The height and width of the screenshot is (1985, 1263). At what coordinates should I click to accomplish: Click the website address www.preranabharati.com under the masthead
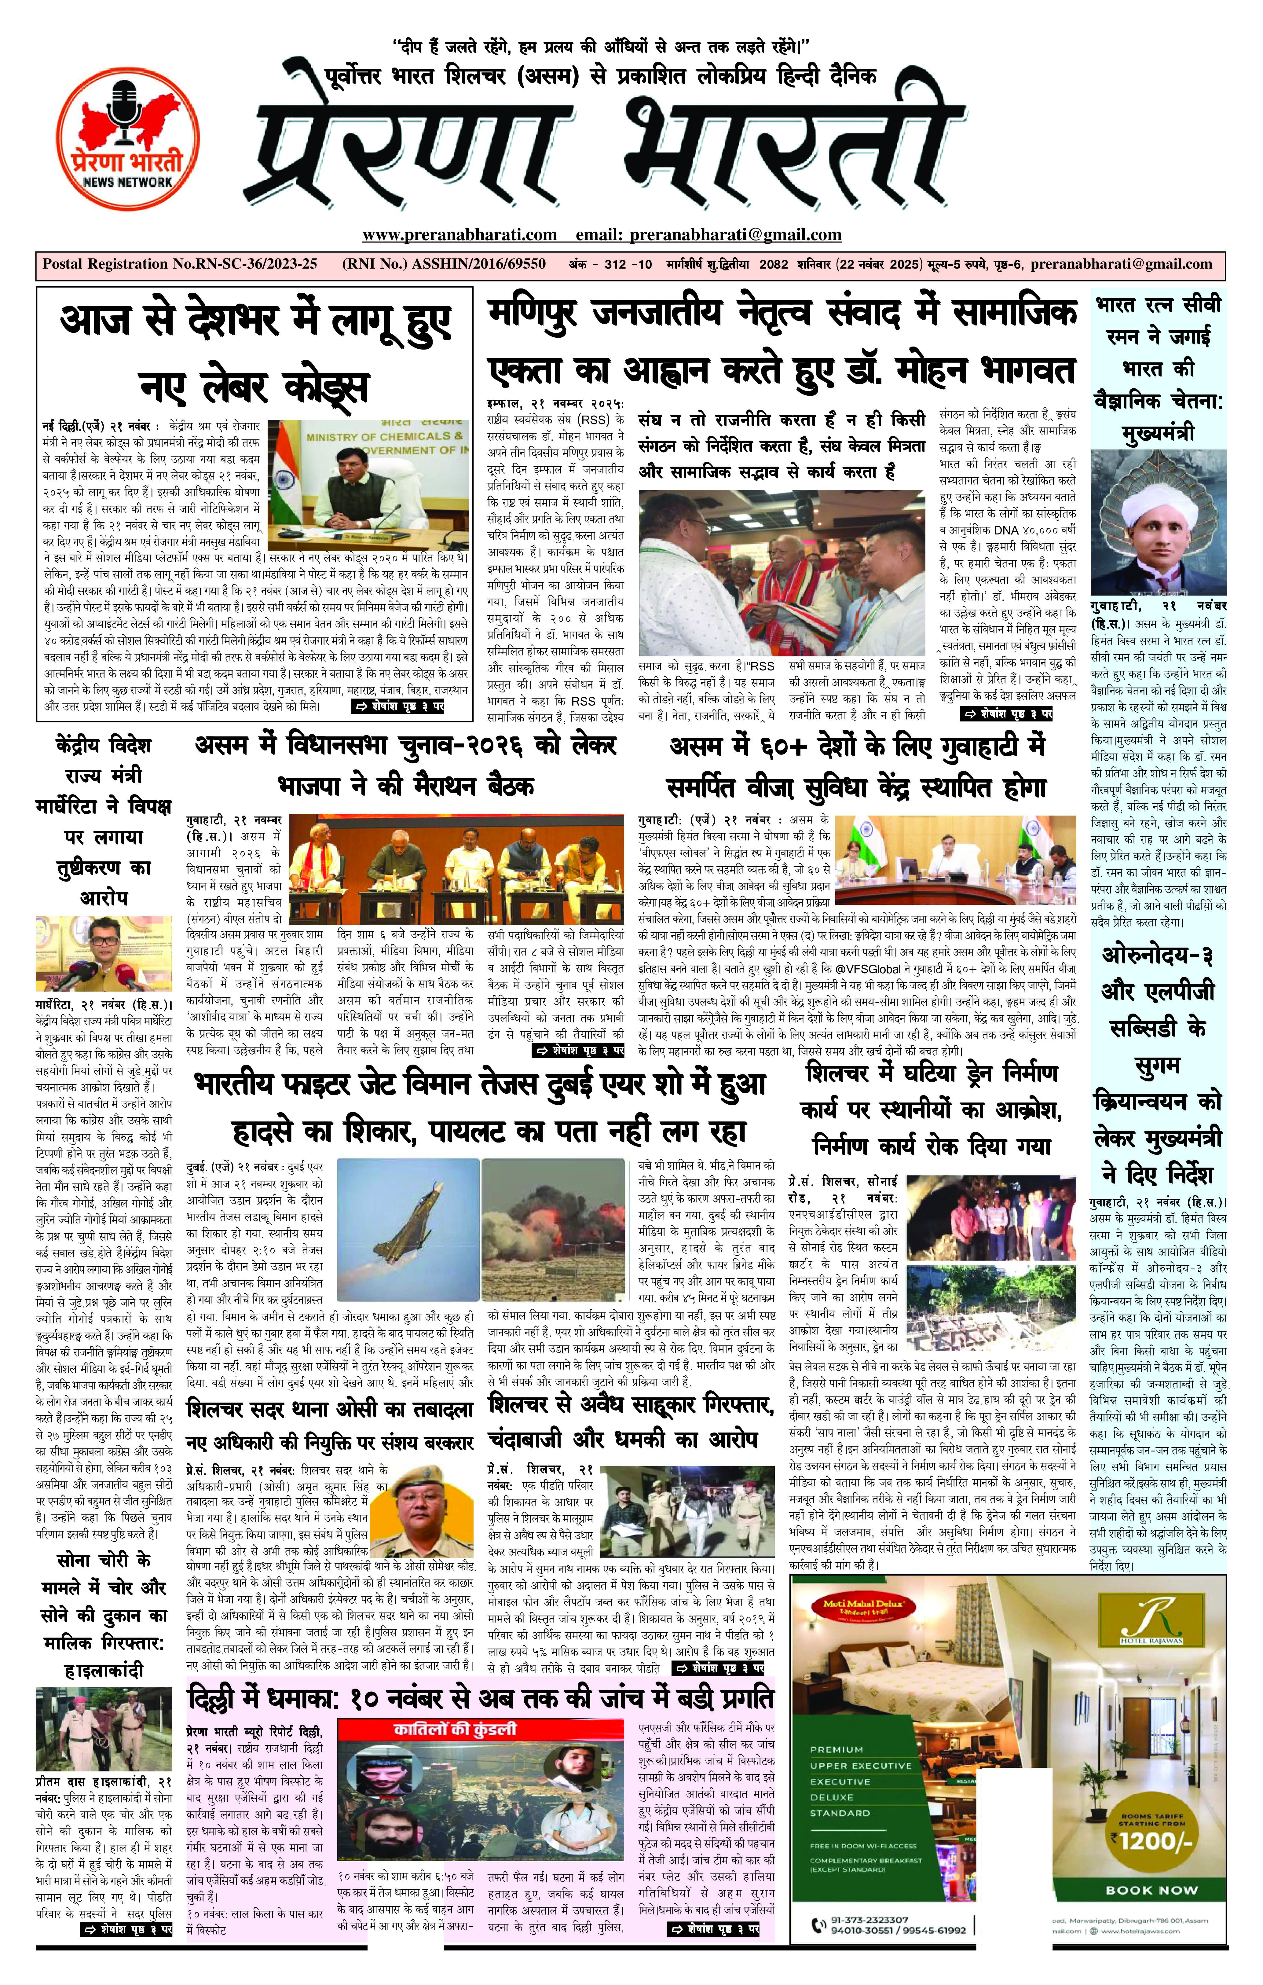(459, 235)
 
